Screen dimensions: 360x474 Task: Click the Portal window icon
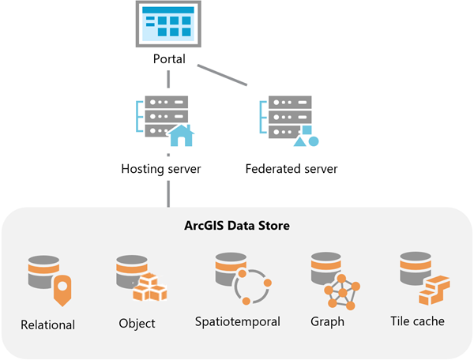pos(167,24)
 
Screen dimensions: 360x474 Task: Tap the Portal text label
pos(167,60)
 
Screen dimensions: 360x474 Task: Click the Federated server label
pos(292,168)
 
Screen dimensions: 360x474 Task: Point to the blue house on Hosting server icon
pos(181,136)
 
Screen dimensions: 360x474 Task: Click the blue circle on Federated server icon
pos(313,141)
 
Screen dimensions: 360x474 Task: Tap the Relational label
pos(47,324)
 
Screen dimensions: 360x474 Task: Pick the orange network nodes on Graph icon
pos(344,293)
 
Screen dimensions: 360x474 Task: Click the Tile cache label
pos(417,321)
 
